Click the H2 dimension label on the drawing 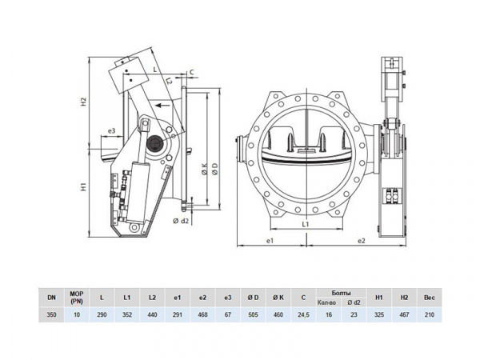[83, 102]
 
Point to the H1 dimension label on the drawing [83, 186]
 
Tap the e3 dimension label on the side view [112, 130]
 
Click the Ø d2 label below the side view [181, 221]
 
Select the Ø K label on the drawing [205, 169]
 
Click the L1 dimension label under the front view [306, 224]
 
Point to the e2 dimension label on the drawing [362, 241]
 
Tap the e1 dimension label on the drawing [270, 241]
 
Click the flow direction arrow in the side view [162, 106]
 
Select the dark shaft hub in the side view [154, 143]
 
